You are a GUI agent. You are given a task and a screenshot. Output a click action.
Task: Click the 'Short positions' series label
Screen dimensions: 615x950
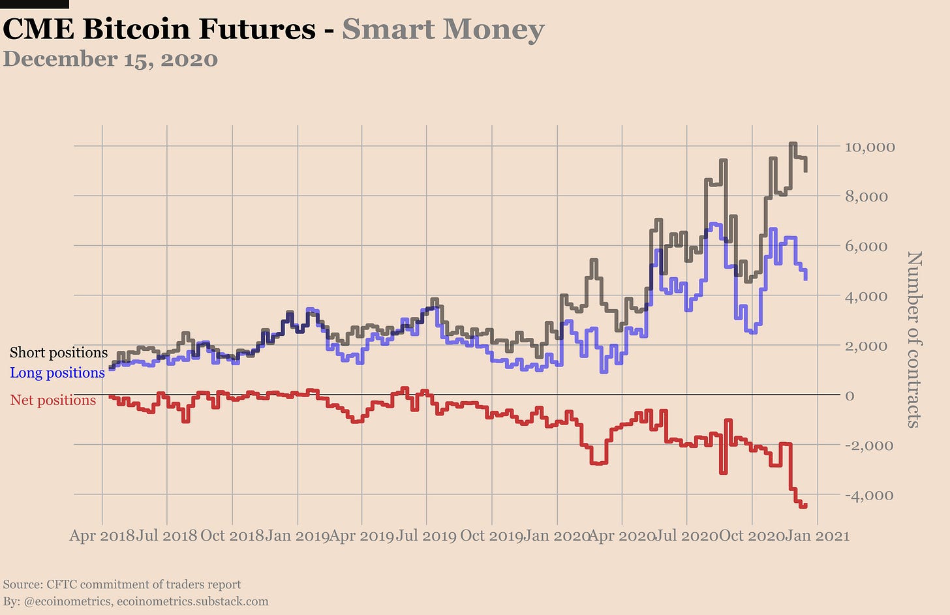(59, 353)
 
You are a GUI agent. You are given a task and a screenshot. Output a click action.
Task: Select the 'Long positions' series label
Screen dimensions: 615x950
(57, 373)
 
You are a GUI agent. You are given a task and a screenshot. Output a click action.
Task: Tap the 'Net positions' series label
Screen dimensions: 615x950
(53, 400)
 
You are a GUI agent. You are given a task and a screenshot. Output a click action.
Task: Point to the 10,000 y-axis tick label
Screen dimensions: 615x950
(870, 147)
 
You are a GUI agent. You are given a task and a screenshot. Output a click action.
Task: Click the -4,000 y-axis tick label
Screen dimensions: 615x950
(868, 495)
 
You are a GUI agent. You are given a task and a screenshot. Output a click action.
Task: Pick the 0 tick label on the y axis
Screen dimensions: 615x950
(850, 396)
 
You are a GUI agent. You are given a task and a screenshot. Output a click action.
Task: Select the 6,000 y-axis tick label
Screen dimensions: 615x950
(866, 247)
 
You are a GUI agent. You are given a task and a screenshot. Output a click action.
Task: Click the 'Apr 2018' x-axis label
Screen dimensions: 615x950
(102, 536)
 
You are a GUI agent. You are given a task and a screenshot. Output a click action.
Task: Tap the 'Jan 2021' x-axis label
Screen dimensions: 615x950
(818, 536)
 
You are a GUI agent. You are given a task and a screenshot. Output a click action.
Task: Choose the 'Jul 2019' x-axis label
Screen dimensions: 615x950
(426, 536)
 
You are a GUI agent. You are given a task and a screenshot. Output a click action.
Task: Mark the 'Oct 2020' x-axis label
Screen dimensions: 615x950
(752, 536)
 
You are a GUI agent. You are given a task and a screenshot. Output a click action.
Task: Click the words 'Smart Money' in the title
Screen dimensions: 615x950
(443, 29)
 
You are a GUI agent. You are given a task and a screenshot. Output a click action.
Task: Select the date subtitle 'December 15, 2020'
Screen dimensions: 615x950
(110, 59)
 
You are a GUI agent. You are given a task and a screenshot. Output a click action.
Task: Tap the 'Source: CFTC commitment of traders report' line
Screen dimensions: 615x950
(122, 584)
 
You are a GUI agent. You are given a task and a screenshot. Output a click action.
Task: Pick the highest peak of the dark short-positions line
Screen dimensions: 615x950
(792, 143)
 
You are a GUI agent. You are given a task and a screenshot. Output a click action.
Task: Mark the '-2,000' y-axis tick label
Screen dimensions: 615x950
(868, 445)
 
